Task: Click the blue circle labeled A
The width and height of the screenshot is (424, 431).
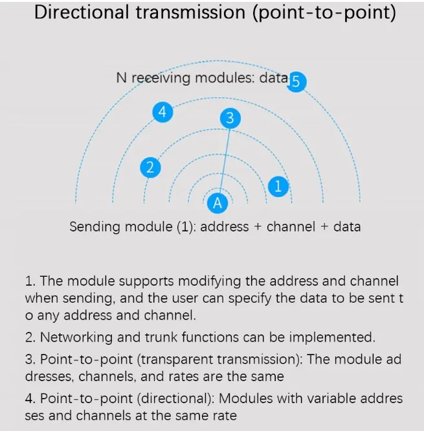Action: tap(218, 202)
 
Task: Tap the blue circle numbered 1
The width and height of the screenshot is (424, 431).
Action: tap(278, 187)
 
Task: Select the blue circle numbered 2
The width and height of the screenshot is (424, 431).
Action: tap(150, 168)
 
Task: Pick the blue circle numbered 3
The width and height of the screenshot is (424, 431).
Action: tap(230, 118)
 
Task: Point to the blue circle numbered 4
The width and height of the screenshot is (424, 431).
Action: tap(162, 111)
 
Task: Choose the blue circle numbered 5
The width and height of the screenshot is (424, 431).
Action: tap(296, 82)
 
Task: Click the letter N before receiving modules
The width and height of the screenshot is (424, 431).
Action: tap(120, 78)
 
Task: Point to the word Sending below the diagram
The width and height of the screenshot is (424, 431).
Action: tap(95, 227)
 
